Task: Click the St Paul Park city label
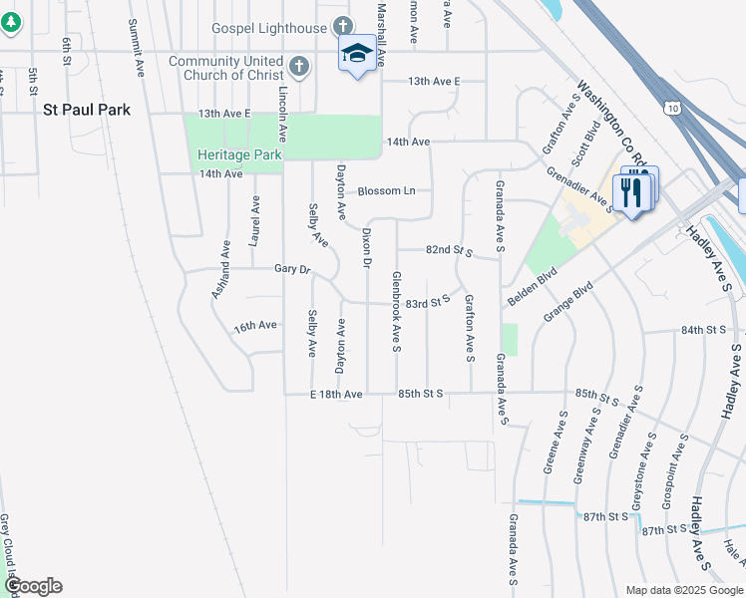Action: point(86,110)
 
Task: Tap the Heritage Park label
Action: point(240,154)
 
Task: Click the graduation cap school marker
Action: point(357,53)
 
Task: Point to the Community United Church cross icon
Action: point(297,68)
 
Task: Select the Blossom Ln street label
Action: point(386,190)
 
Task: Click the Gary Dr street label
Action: point(293,269)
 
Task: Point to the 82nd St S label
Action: point(447,249)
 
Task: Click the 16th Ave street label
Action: point(255,326)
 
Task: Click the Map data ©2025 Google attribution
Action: point(683,590)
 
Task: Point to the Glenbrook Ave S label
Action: point(396,312)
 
